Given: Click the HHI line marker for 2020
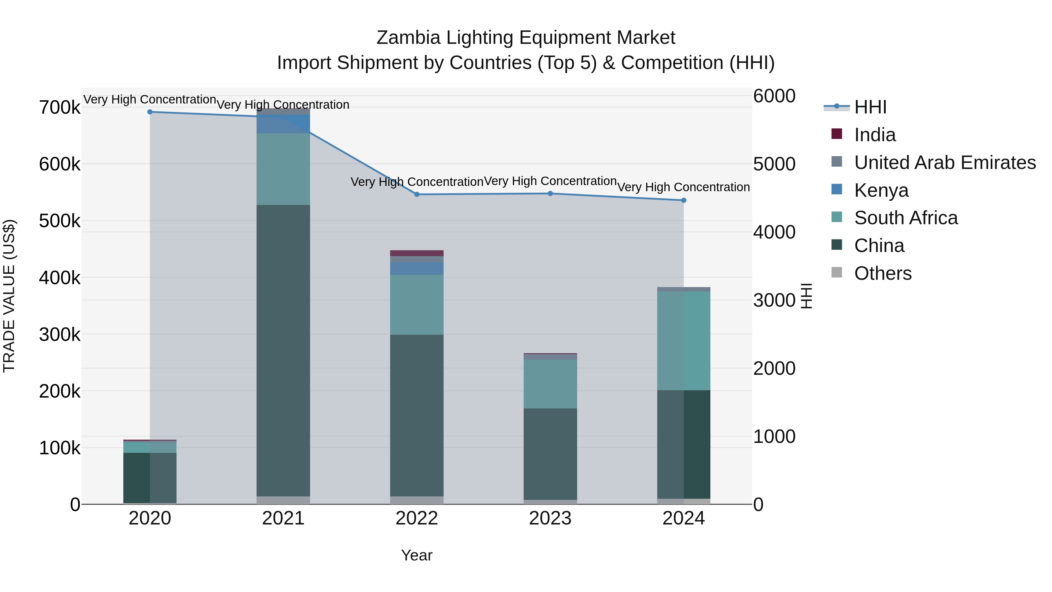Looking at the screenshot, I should [150, 112].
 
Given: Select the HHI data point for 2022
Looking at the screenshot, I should [417, 194].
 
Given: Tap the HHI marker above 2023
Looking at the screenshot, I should [550, 194].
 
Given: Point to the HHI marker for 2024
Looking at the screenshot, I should [684, 201].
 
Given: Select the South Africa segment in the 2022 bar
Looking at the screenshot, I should [417, 305].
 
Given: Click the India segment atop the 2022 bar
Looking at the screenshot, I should [417, 253].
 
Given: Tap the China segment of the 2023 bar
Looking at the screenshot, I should [550, 453].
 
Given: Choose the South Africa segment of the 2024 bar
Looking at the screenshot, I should [684, 341].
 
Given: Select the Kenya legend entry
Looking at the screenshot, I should [881, 190].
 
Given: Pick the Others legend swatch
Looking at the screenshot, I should [837, 272].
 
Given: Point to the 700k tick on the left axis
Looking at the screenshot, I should [60, 108].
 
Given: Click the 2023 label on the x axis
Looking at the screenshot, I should [550, 518].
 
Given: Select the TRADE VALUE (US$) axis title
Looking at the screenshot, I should [9, 296].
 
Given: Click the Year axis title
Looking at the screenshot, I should [416, 555].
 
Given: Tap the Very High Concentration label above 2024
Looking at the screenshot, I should [683, 187].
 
